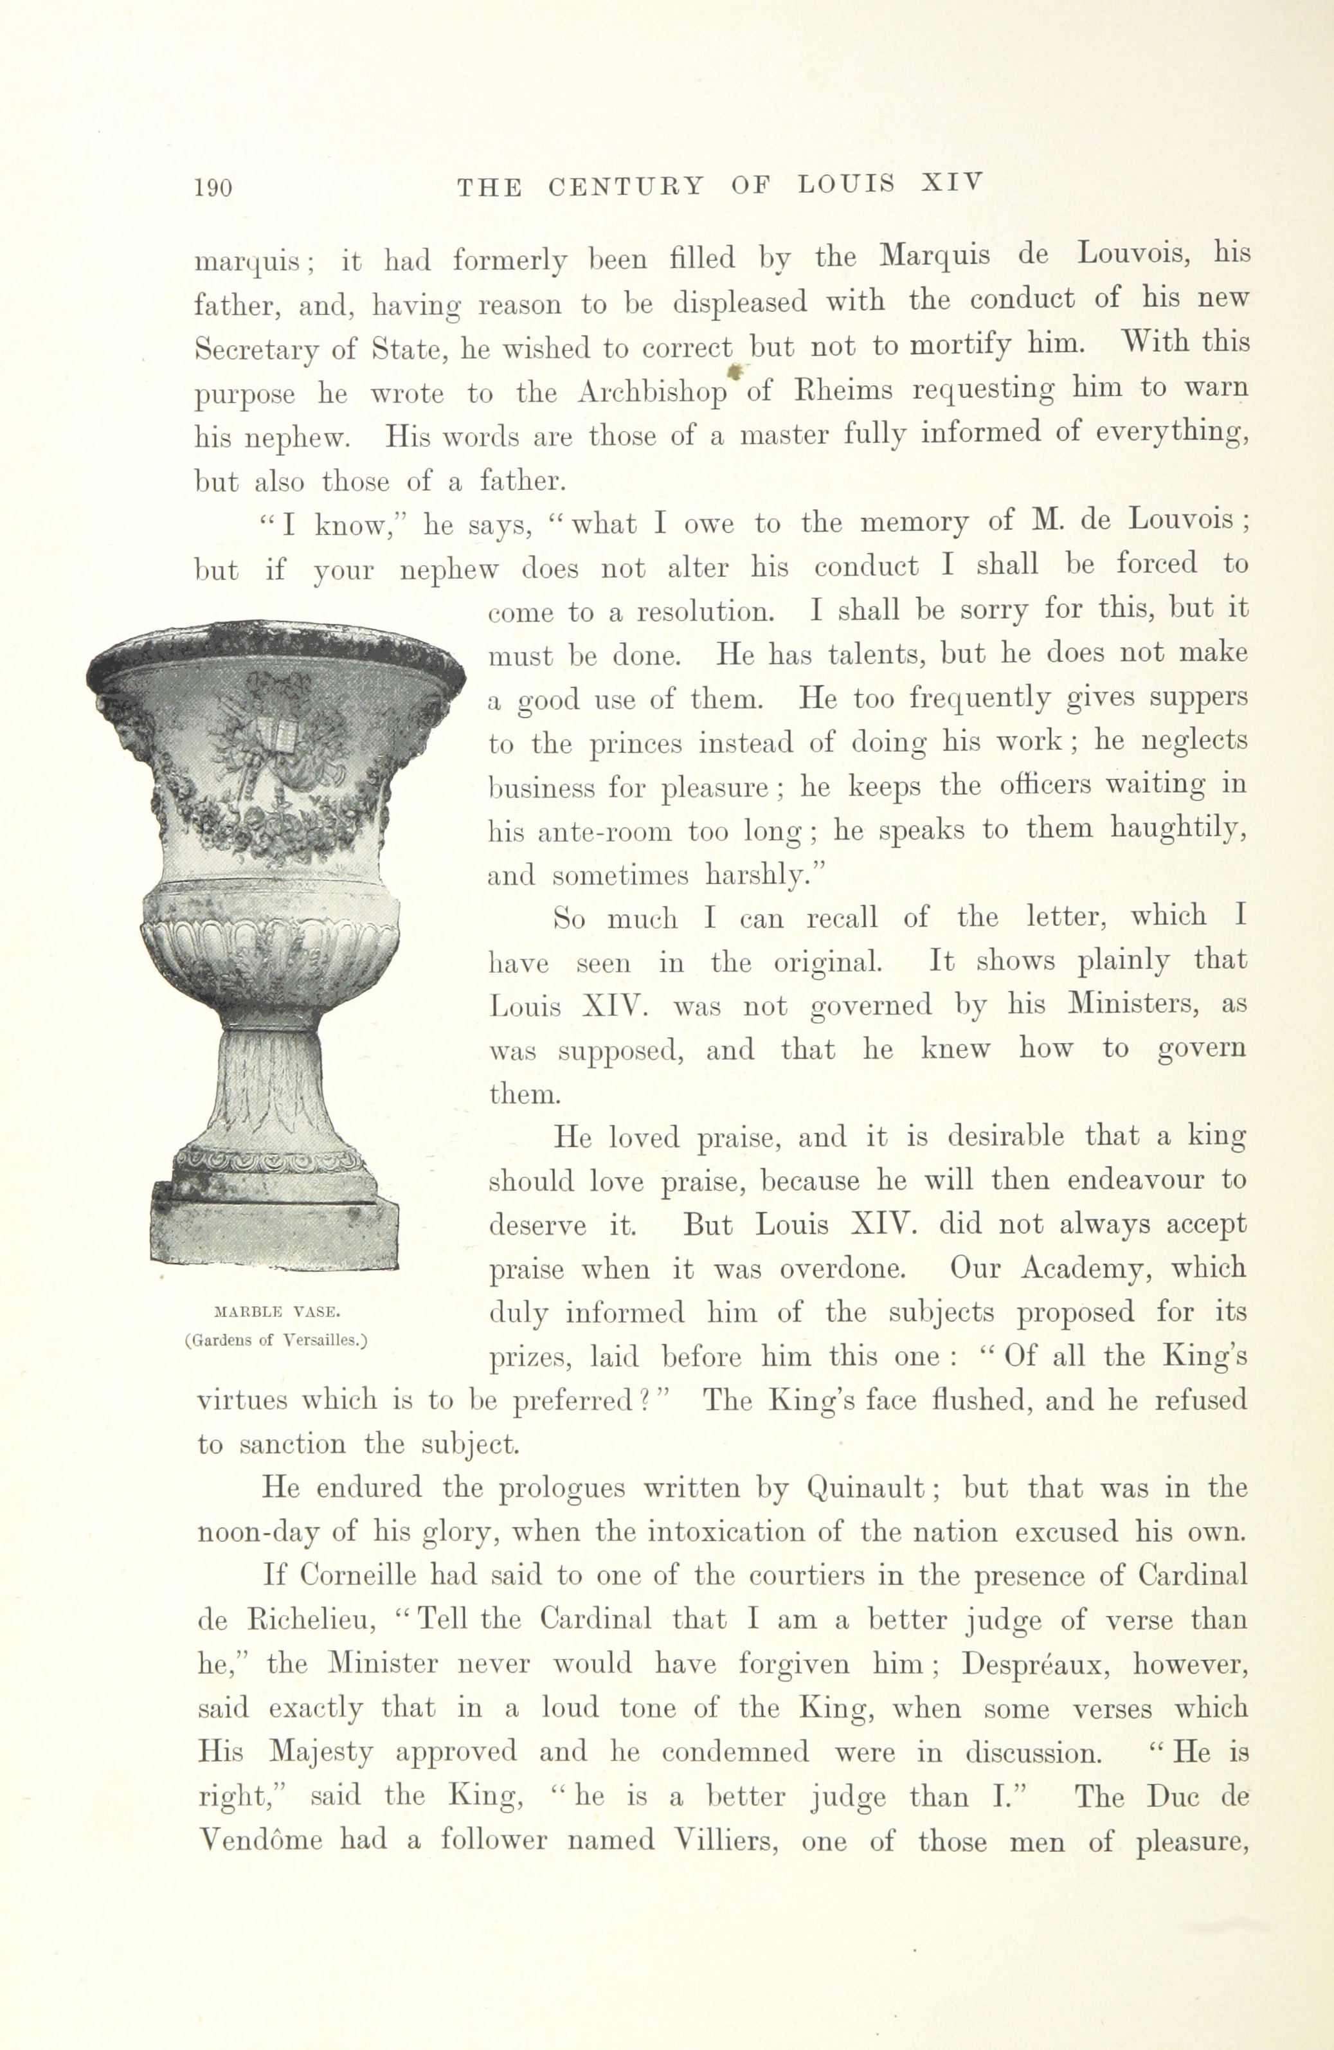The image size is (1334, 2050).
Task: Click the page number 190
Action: click(213, 188)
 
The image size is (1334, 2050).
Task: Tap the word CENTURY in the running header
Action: click(626, 186)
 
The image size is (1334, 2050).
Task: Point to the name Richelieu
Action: click(314, 1621)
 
